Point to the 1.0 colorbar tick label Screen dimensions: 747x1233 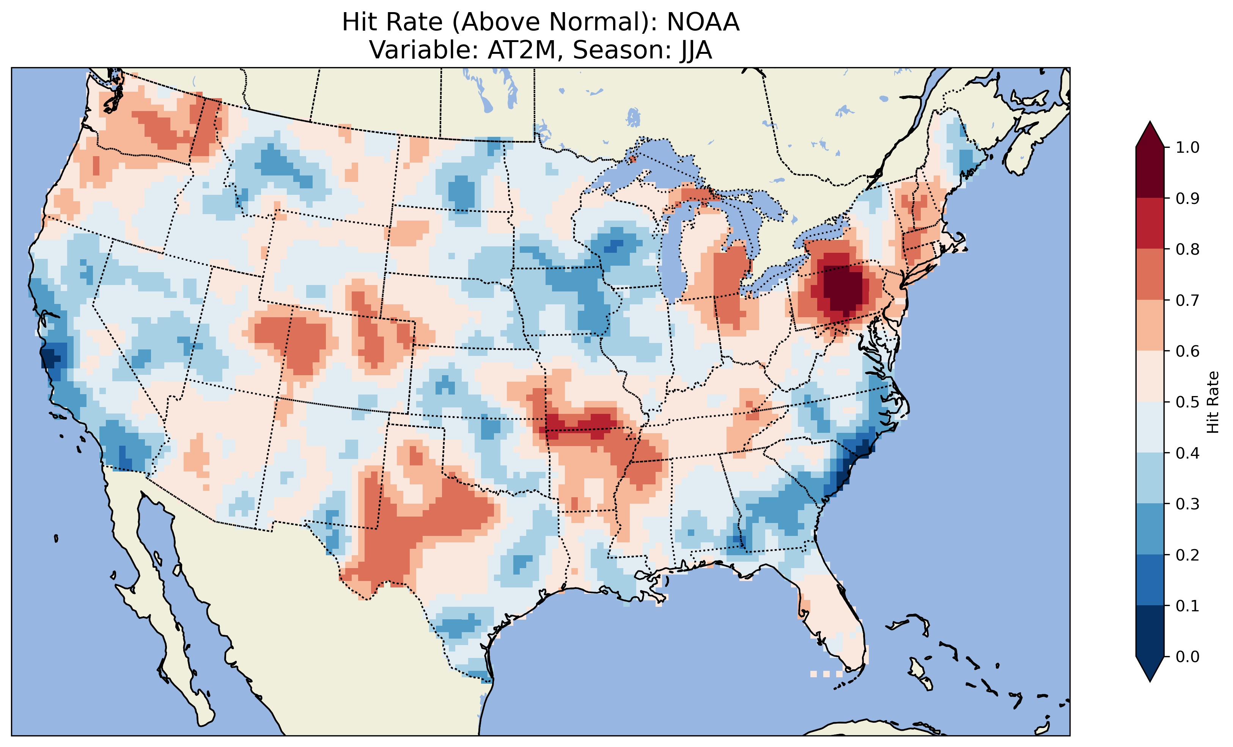(x=1187, y=147)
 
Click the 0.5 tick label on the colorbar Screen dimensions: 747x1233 (x=1187, y=402)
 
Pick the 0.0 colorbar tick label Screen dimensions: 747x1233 (x=1187, y=656)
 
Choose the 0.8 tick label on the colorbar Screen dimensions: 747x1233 (x=1187, y=249)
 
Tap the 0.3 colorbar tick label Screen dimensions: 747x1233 (x=1187, y=504)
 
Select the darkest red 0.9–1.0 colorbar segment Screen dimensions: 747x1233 (x=1150, y=172)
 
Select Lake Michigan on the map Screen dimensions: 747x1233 (x=673, y=255)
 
